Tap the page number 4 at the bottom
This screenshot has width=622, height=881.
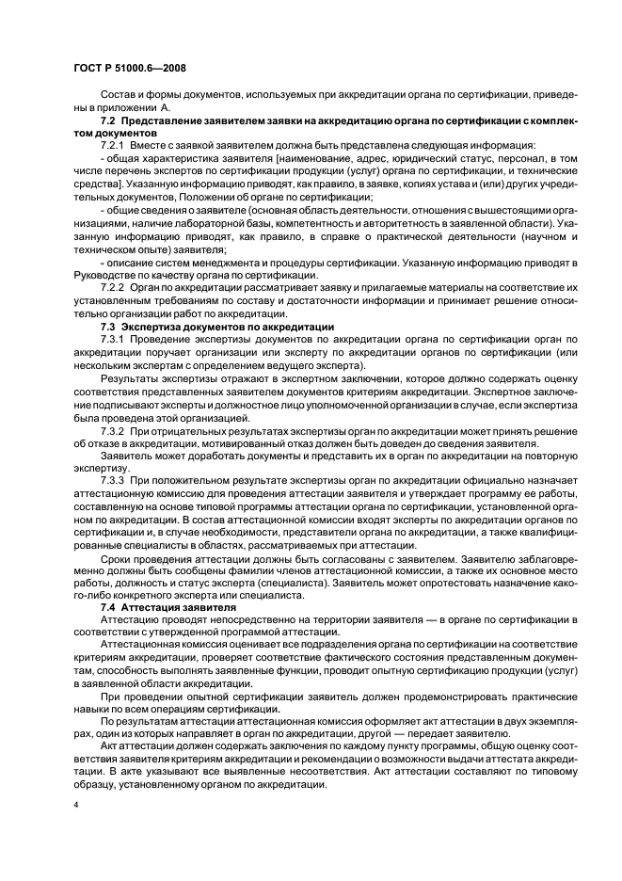click(75, 806)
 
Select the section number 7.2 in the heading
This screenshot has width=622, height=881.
click(107, 122)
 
